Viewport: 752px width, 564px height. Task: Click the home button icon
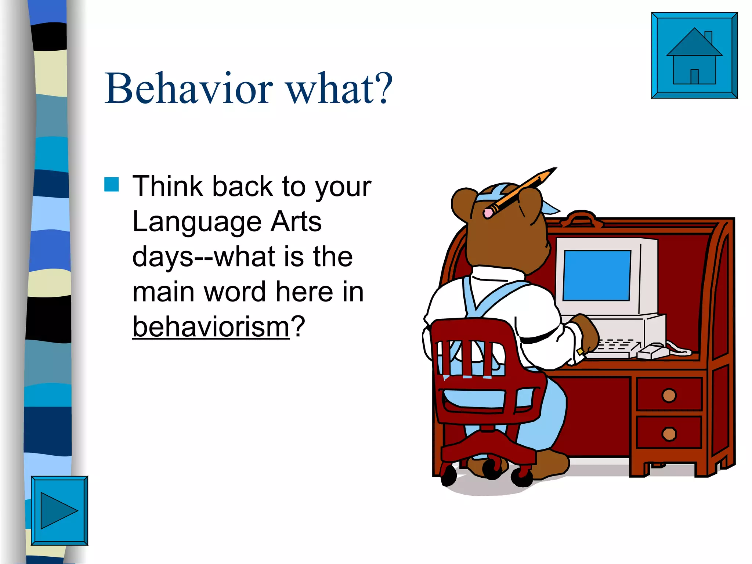coord(694,55)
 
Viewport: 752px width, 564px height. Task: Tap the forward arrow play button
coord(59,510)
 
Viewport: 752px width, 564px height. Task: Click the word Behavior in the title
coord(189,89)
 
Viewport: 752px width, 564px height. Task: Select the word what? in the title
coord(340,89)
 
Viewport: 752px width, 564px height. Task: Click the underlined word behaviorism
coord(211,326)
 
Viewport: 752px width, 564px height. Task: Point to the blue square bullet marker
coord(112,184)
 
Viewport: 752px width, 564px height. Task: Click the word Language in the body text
coord(197,221)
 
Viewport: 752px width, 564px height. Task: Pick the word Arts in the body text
coord(296,221)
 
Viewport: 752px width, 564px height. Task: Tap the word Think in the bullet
coord(167,186)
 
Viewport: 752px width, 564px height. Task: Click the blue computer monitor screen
coord(597,275)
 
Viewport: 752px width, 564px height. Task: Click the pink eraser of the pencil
coord(488,213)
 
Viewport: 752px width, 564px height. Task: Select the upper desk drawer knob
coord(669,395)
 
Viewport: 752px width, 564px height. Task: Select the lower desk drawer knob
coord(669,434)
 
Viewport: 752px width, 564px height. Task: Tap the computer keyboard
coord(613,349)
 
